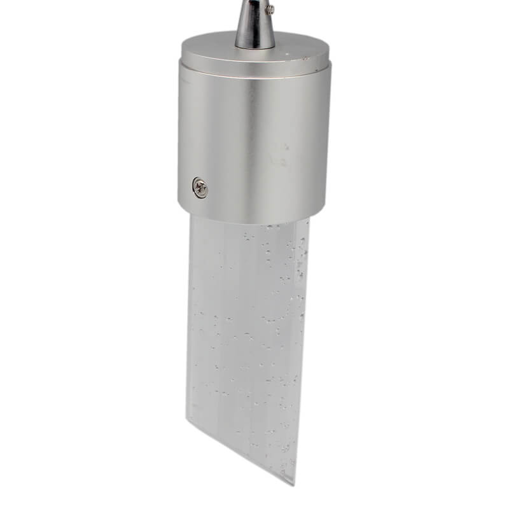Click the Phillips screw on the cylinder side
click(200, 187)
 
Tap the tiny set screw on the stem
click(270, 9)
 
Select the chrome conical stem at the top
click(254, 25)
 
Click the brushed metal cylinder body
click(254, 140)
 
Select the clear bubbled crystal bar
click(248, 331)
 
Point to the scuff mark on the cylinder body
click(278, 156)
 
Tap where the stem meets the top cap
click(254, 48)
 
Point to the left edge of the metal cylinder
click(179, 140)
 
